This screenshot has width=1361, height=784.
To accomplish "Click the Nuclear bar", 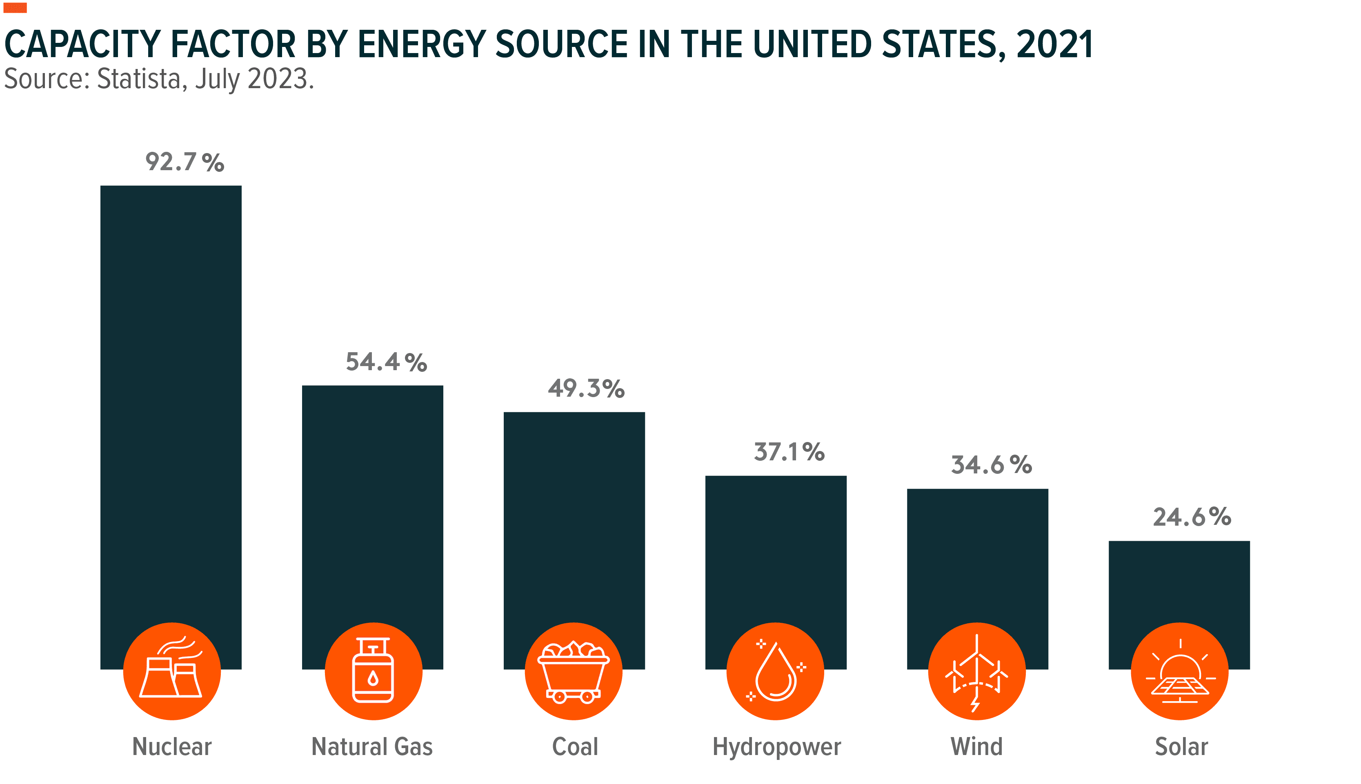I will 171,404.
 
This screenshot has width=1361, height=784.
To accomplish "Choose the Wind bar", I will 977,555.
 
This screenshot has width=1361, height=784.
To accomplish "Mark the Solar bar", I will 1179,582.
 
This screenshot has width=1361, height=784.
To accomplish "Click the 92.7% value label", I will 184,162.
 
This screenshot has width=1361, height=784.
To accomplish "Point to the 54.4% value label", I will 386,362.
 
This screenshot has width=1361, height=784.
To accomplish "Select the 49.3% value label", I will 586,388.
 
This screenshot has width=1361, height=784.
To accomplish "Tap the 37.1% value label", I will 789,452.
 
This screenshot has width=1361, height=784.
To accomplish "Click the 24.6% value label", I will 1192,517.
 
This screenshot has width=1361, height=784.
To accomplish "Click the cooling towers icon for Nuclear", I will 172,671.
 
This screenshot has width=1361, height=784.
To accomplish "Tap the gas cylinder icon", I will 373,671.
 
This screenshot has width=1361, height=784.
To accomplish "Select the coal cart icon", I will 574,671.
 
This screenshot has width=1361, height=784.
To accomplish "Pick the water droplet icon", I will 776,671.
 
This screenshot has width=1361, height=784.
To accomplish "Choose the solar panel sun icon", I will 1179,671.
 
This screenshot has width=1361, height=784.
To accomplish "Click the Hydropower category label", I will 776,747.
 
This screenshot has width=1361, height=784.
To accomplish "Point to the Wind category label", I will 976,747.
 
